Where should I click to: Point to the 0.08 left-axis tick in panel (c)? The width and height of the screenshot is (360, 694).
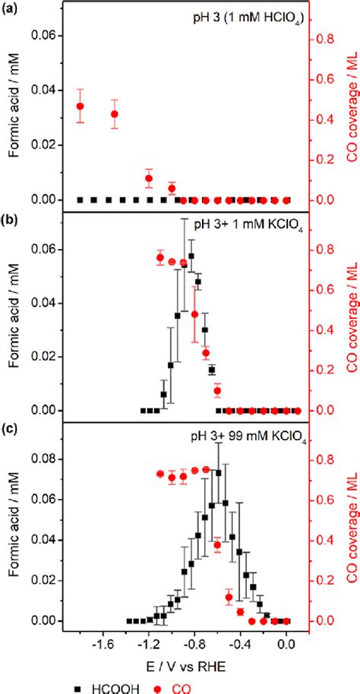46,459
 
